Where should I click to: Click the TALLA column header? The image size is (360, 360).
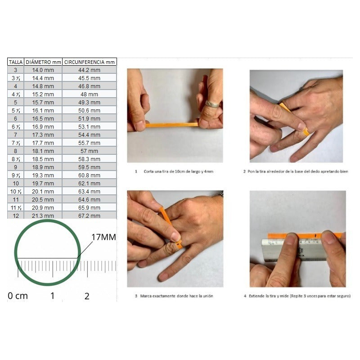(16, 62)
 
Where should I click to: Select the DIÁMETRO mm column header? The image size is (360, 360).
(43, 62)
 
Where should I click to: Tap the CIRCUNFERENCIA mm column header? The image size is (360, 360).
(89, 62)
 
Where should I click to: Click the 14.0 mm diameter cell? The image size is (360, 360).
(43, 70)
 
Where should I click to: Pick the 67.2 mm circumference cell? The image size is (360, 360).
(89, 216)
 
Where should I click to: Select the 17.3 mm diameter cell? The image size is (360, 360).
(43, 135)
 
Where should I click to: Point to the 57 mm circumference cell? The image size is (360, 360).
(89, 151)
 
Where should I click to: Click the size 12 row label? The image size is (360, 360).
(16, 216)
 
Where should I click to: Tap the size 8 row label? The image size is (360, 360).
(16, 151)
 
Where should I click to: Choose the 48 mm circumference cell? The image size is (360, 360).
(89, 94)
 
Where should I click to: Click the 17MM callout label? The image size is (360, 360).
(103, 237)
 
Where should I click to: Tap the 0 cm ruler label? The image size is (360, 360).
(18, 296)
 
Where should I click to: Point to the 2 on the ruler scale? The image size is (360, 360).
(87, 296)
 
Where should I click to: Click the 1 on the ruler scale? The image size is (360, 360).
(52, 296)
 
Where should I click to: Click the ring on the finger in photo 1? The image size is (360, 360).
(212, 104)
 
